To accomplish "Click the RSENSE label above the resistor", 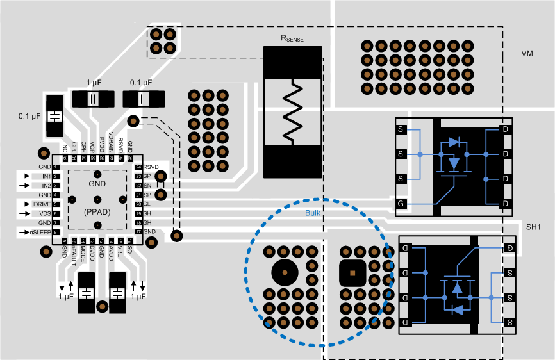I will pos(292,38).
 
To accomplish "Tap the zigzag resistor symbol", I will pos(292,113).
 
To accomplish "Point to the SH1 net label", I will pos(534,227).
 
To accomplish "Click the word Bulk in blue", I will pos(312,214).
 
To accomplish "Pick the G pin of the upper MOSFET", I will pos(401,203).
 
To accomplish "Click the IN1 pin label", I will pos(46,176).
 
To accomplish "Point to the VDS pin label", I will pos(44,213).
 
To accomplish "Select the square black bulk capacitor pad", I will pos(352,273).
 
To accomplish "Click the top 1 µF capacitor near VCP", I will pos(93,99).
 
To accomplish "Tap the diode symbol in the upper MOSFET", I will pos(454,142).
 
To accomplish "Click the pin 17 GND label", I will pos(149,231).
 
